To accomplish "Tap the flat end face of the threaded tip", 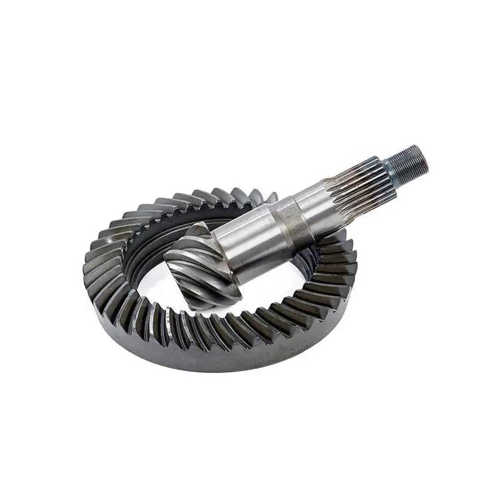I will [x=424, y=155].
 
